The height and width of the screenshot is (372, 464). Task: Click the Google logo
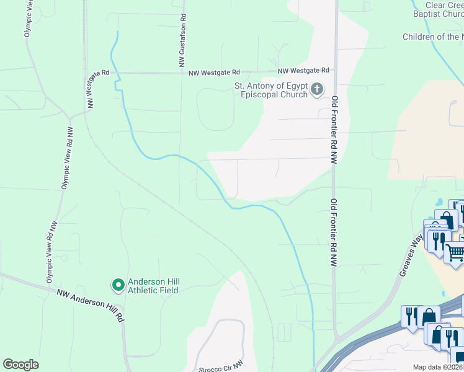tap(20, 365)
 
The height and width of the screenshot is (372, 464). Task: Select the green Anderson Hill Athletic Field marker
tap(118, 285)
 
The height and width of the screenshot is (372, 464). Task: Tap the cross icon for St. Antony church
tap(317, 90)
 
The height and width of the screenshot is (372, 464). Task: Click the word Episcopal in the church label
tap(252, 94)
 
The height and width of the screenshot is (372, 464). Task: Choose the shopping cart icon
tap(455, 251)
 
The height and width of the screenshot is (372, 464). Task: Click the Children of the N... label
tap(432, 37)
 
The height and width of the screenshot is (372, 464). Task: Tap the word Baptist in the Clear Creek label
tap(434, 14)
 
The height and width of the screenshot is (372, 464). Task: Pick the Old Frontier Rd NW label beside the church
tap(334, 121)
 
